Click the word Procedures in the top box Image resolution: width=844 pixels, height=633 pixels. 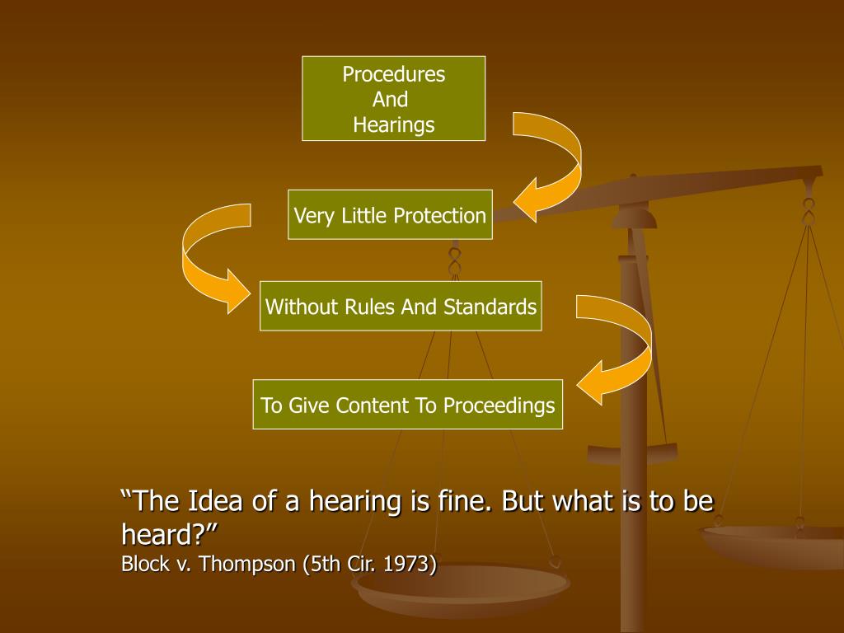[x=393, y=75]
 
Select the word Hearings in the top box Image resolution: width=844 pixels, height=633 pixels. [x=393, y=124]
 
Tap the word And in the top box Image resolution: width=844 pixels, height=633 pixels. [x=391, y=100]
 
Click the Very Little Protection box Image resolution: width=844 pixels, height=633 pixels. [x=390, y=215]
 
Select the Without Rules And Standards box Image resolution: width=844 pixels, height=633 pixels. [x=401, y=307]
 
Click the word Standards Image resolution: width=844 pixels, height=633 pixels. [x=490, y=307]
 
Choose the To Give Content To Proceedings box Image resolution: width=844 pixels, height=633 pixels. [x=407, y=405]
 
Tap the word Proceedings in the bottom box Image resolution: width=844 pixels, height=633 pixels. [x=499, y=406]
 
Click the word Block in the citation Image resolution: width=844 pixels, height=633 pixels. [x=145, y=565]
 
